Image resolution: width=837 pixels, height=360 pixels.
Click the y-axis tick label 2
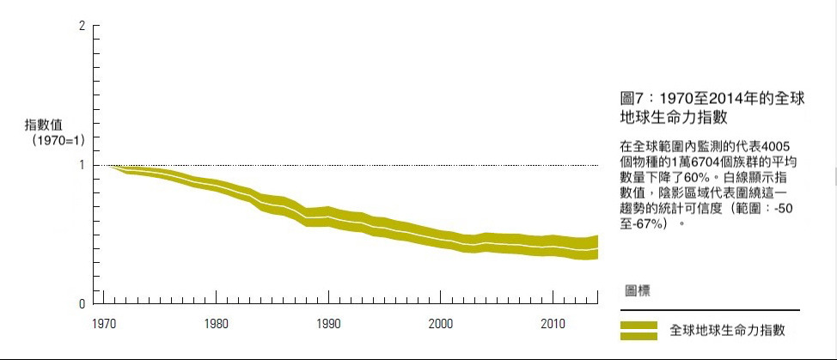(x=82, y=26)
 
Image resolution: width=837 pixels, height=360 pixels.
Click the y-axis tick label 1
(x=82, y=165)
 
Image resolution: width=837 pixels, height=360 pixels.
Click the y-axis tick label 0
(x=82, y=304)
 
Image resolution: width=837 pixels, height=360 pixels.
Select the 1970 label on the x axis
(x=104, y=324)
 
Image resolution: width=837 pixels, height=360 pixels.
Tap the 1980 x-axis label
(x=216, y=324)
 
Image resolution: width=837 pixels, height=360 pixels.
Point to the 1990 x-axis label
(x=327, y=324)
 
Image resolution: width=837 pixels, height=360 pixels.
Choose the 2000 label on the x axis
(x=440, y=324)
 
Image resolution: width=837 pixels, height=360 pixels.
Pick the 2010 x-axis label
(x=552, y=324)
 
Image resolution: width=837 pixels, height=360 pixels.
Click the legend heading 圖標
(x=637, y=290)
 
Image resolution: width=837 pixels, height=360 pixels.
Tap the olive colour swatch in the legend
(x=638, y=330)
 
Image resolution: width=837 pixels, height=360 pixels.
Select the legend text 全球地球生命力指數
(x=727, y=330)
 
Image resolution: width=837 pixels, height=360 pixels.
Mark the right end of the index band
(x=596, y=247)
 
